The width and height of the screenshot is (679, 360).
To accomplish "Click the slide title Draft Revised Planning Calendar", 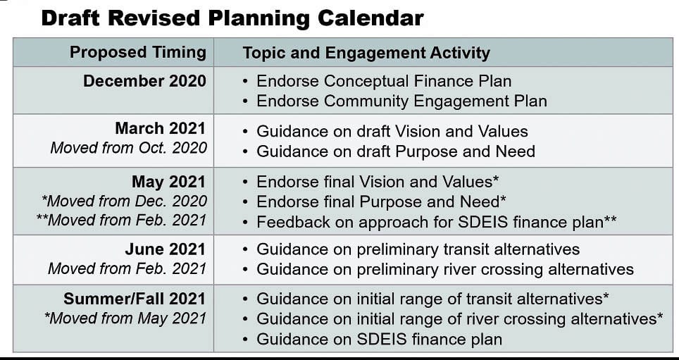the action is [232, 18].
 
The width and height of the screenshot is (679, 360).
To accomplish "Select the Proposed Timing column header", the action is [138, 52].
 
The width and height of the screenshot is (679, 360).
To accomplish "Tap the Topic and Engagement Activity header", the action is [366, 53].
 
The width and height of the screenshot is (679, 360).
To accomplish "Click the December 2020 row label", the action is [144, 81].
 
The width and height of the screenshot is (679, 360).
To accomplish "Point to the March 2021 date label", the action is [160, 128].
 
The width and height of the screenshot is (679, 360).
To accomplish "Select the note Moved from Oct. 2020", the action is [129, 148].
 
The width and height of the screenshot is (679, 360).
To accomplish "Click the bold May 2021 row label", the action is [168, 182].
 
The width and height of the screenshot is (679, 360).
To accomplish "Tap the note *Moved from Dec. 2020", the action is [124, 201].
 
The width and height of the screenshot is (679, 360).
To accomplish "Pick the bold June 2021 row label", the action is [166, 249].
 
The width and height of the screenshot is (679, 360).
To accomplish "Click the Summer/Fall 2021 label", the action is [135, 299].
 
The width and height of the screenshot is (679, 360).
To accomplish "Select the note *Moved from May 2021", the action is [125, 318].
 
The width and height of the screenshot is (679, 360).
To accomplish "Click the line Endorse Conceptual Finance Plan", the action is [384, 81].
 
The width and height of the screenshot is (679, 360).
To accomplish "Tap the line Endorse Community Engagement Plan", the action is [401, 101].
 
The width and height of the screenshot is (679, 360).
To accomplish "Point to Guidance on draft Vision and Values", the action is [392, 131].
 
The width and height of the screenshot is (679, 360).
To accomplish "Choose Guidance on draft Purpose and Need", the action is [395, 151].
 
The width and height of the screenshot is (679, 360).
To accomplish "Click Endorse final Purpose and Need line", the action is [381, 201].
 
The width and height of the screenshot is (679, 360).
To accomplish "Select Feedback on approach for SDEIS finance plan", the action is [437, 222].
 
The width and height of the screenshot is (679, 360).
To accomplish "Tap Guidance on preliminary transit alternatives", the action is [418, 249].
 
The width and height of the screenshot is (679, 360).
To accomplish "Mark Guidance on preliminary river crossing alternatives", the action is [444, 269].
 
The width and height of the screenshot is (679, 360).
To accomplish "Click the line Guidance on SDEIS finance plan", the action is [379, 339].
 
